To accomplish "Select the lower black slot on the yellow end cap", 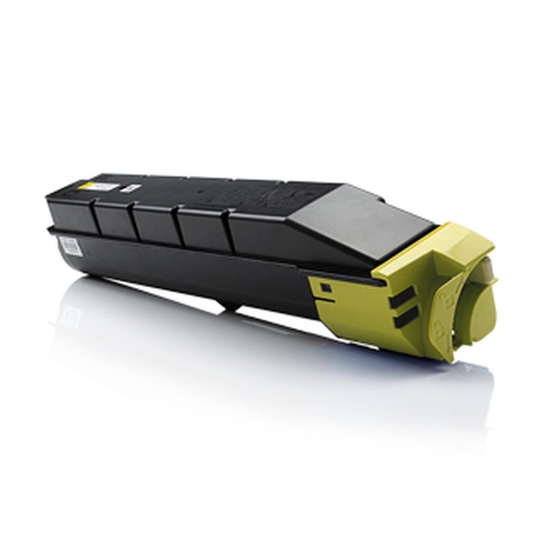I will (x=404, y=317).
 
